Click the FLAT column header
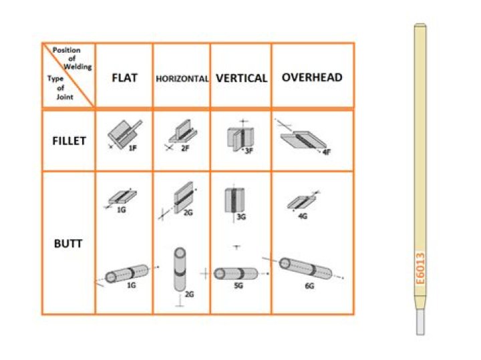click(124, 78)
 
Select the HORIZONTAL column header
click(182, 79)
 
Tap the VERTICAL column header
click(242, 78)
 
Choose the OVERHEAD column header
click(312, 77)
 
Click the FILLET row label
click(69, 141)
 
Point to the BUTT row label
click(68, 244)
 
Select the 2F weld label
click(185, 148)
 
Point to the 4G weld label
click(303, 216)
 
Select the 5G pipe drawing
click(236, 274)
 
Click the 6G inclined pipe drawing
click(305, 268)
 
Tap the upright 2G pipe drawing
click(180, 269)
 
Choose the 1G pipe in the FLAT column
click(127, 274)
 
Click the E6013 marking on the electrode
click(420, 268)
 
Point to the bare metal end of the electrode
click(421, 321)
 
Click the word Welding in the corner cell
click(78, 67)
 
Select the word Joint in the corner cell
click(65, 97)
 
